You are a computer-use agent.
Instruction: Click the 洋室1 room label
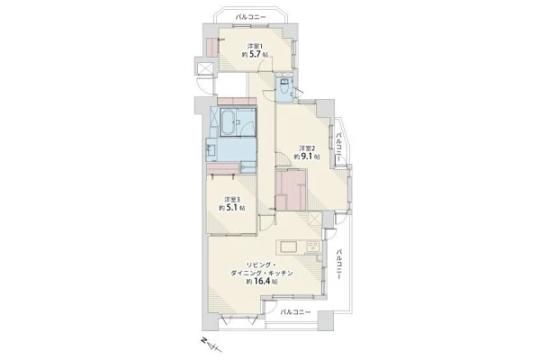coord(256,46)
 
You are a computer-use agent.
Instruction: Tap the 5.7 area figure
coord(256,54)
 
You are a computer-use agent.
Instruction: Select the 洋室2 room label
coord(307,148)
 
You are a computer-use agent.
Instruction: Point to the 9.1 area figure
coord(307,157)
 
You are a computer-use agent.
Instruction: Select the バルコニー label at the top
coord(250,17)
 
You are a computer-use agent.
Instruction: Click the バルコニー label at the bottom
coord(295,312)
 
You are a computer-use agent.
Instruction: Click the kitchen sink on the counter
coord(288,247)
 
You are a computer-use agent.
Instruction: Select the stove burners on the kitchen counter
coord(313,247)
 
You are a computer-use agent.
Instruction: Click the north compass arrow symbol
coord(210,344)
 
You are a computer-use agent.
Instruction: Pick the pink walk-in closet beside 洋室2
coord(291,190)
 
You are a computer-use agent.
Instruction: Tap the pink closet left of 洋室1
coord(212,48)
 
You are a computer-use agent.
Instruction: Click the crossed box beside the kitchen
coord(315,219)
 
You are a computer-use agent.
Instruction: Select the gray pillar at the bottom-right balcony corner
coord(326,320)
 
